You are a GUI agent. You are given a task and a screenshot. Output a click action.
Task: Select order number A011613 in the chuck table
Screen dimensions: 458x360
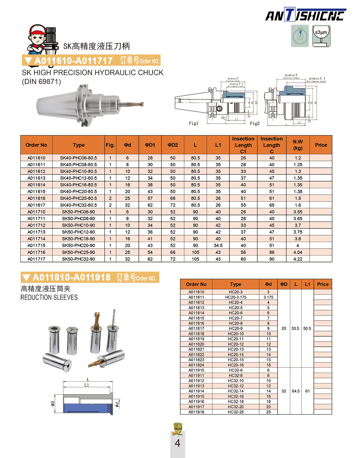point(36,178)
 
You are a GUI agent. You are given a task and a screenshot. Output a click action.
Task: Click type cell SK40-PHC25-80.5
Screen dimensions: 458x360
point(79,198)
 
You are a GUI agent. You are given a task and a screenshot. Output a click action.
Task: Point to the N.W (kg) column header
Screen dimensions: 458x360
point(297,145)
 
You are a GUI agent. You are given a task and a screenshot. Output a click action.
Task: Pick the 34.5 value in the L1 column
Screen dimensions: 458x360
point(218,245)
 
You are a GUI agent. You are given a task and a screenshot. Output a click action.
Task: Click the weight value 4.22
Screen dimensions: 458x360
point(298,259)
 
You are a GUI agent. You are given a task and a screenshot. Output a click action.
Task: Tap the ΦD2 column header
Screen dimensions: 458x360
point(173,145)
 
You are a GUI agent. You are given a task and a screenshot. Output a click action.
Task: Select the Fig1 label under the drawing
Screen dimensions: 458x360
point(193,123)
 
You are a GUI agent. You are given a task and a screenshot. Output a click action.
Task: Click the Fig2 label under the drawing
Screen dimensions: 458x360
point(255,123)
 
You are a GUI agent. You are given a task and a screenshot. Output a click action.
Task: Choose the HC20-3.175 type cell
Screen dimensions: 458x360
point(236,297)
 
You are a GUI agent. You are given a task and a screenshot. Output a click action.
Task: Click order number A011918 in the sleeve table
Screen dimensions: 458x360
point(196,412)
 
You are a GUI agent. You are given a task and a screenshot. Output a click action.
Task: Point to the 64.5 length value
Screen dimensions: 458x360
point(296,391)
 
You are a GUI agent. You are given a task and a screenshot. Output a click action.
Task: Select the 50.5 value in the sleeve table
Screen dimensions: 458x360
point(307,328)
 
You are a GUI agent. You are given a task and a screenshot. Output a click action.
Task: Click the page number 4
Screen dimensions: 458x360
point(177,443)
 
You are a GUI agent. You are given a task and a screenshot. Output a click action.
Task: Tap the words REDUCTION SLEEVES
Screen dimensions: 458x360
point(49,297)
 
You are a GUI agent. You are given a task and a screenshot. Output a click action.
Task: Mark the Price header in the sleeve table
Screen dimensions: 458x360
point(323,284)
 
